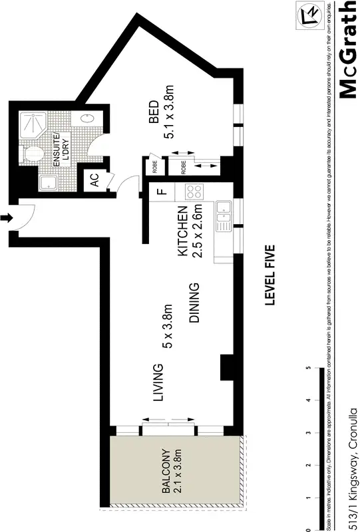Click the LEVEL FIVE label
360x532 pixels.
point(270,275)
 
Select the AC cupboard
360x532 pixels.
point(94,180)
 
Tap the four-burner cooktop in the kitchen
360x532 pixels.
point(194,192)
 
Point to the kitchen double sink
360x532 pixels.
point(224,215)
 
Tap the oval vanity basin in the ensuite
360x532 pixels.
point(87,120)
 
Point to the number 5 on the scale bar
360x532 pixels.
point(307,368)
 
